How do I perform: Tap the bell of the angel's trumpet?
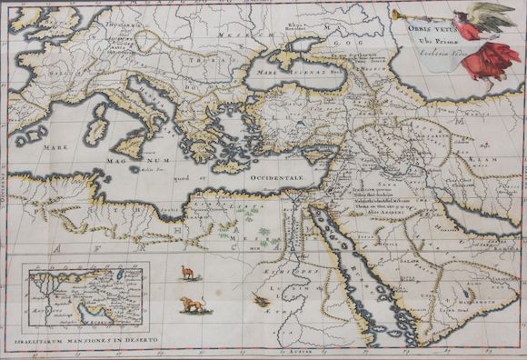pyautogui.click(x=396, y=15)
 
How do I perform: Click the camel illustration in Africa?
pyautogui.click(x=187, y=270)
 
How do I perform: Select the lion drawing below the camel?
pyautogui.click(x=193, y=304)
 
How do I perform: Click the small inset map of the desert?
pyautogui.click(x=86, y=295)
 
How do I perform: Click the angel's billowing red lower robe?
pyautogui.click(x=494, y=59)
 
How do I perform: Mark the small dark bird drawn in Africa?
pyautogui.click(x=262, y=299)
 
